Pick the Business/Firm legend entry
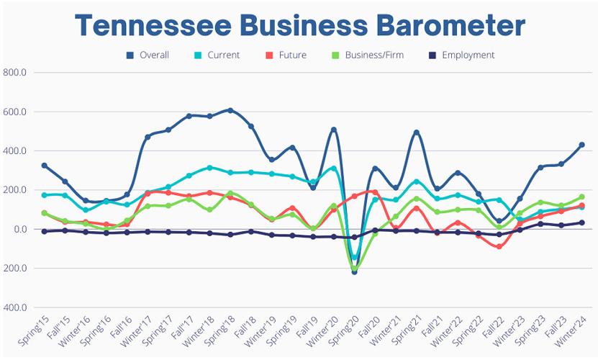[x=368, y=55]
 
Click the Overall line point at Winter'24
[x=581, y=145]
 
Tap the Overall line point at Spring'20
[x=354, y=271]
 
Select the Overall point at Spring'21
[x=416, y=132]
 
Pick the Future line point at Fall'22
[x=499, y=246]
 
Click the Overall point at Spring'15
[x=45, y=166]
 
